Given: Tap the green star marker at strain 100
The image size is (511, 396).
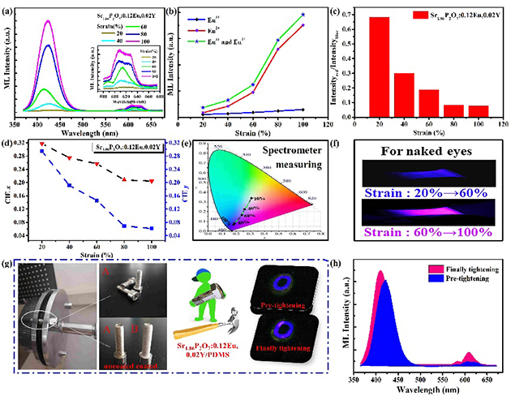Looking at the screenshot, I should coord(303,15).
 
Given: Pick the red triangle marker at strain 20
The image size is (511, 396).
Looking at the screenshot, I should coord(41,144).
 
